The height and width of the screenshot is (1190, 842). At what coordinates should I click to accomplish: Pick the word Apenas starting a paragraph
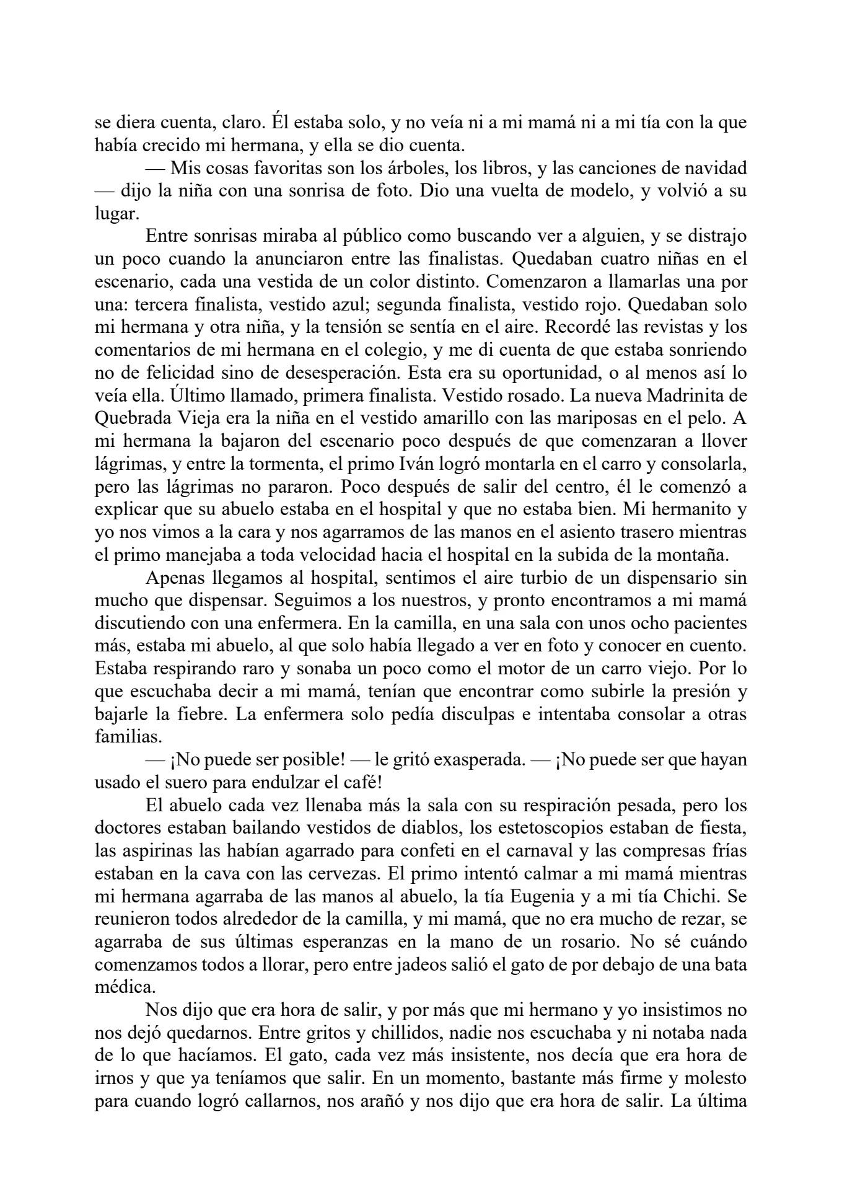point(176,578)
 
